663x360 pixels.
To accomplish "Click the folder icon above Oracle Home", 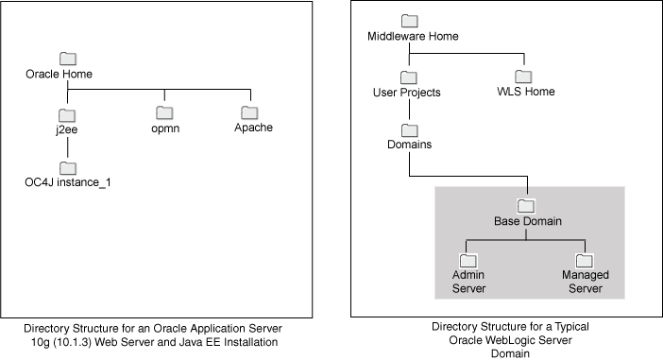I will click(66, 58).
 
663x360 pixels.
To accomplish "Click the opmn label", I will click(166, 128).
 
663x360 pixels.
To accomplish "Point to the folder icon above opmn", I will click(166, 112).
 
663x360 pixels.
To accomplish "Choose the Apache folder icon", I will click(249, 112).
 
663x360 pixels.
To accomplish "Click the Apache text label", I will click(253, 128).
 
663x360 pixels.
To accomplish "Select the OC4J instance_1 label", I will click(68, 180).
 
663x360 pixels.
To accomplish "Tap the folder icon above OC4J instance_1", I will click(66, 166).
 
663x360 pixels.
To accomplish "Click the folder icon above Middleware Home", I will click(409, 21).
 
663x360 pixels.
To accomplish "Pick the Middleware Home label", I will click(412, 36).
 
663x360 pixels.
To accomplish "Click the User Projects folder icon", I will click(409, 77).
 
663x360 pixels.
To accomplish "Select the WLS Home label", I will click(525, 92).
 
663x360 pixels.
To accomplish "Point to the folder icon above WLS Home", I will click(523, 77).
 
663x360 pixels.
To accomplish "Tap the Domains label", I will click(409, 145).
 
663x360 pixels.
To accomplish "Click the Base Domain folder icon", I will click(527, 206).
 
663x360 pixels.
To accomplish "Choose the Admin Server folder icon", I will click(467, 260).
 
